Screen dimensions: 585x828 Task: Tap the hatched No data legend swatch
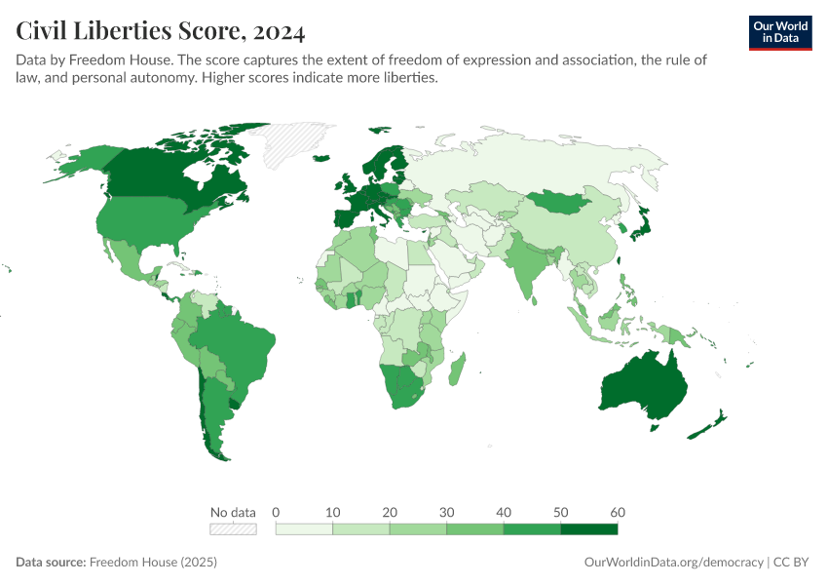click(x=233, y=529)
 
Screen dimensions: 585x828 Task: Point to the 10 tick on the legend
click(x=333, y=512)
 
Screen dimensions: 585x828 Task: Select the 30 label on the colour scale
click(x=447, y=512)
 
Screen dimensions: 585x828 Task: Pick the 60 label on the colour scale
click(x=618, y=512)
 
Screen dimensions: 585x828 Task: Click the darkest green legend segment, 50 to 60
click(x=589, y=529)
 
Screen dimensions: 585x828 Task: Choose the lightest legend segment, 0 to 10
click(x=305, y=529)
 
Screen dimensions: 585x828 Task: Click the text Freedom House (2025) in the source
click(x=153, y=563)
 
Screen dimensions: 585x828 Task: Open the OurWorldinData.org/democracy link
click(x=673, y=563)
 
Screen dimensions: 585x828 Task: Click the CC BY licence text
click(x=793, y=563)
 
